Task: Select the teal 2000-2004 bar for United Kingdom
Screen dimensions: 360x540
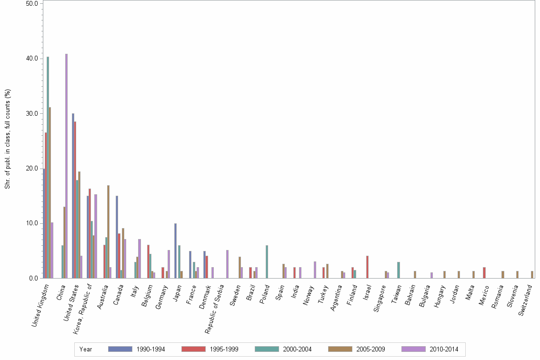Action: click(48, 167)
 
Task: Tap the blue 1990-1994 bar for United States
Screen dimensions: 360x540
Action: click(73, 196)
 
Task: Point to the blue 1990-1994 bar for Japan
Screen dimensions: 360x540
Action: click(175, 250)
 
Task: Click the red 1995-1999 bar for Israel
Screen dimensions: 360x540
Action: click(368, 267)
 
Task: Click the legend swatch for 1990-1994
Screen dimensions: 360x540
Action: click(120, 349)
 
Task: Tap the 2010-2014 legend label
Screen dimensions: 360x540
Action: click(444, 349)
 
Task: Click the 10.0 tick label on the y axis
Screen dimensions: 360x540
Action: click(32, 223)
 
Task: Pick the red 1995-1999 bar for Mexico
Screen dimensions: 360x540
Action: click(484, 272)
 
